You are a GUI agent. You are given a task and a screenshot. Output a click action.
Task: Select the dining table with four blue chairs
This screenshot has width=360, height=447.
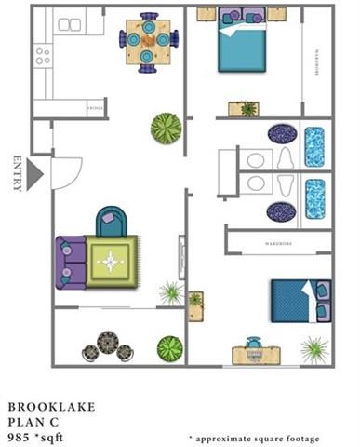(148, 40)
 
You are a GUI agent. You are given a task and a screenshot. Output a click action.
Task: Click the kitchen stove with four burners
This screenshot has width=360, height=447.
(43, 55)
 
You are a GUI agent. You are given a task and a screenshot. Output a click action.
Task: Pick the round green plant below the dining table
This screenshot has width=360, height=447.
(166, 127)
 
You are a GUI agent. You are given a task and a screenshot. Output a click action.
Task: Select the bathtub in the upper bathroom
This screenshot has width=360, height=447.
(315, 147)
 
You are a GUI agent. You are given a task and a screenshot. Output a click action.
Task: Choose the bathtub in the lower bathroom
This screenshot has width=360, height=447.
(315, 197)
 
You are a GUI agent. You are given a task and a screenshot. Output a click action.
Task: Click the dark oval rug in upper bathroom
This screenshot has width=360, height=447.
(282, 133)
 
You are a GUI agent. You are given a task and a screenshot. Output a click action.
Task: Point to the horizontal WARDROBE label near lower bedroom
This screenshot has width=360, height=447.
(275, 244)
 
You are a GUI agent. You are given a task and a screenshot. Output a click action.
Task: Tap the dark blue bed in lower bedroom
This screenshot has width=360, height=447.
(297, 299)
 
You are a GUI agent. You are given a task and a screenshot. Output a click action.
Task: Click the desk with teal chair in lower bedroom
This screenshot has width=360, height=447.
(253, 350)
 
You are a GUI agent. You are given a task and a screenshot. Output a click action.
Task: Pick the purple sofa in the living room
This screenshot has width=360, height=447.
(70, 261)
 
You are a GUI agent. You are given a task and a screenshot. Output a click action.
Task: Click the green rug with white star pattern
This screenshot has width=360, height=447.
(112, 262)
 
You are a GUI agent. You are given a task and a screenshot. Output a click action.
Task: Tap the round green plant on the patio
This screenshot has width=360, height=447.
(168, 348)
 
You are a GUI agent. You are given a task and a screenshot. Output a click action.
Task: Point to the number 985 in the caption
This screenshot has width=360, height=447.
(20, 435)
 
